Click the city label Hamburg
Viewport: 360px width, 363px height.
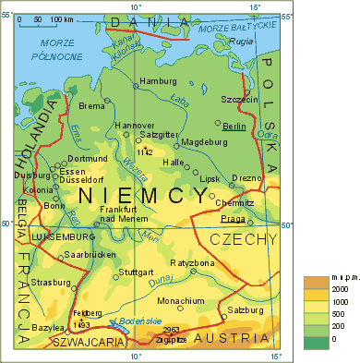coord(157,82)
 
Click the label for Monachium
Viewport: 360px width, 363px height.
coord(181,301)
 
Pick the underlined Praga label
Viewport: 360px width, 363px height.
coord(233,219)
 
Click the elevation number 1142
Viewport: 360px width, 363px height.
coord(143,151)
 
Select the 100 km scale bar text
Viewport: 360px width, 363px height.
coord(63,19)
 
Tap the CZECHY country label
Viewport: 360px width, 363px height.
coord(243,240)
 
